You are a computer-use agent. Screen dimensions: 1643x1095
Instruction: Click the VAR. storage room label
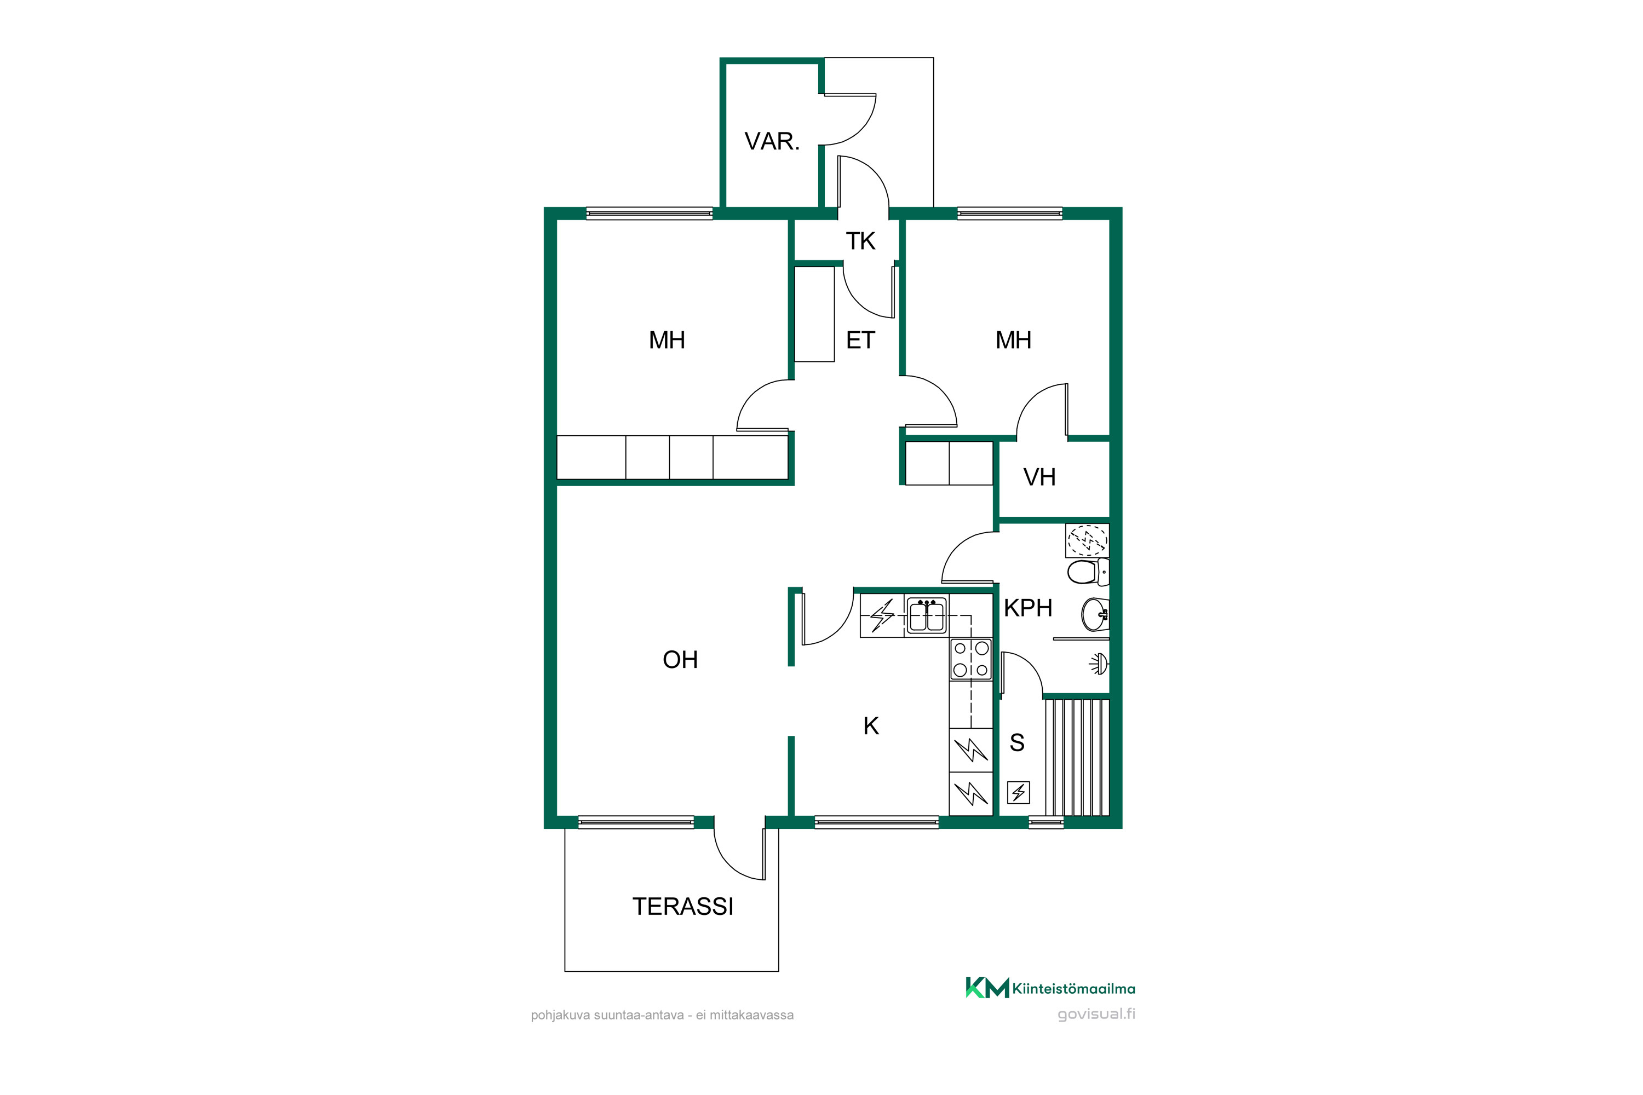[772, 142]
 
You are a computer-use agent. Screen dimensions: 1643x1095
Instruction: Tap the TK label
[860, 241]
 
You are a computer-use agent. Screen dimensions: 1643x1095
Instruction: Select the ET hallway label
[860, 340]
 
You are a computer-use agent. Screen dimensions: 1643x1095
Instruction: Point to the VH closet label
[1039, 477]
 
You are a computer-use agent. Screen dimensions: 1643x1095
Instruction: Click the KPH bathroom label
[1027, 608]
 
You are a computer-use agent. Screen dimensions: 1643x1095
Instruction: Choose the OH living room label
[680, 660]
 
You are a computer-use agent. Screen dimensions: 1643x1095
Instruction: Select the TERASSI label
[682, 907]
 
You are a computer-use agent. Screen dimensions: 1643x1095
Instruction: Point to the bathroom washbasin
[1095, 614]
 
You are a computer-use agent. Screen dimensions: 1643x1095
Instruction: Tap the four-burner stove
[971, 659]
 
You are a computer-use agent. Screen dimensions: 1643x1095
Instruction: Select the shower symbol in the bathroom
[1099, 664]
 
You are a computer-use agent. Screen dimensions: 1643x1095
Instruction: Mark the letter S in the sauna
[1017, 742]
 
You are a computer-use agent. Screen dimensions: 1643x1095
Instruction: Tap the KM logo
[987, 988]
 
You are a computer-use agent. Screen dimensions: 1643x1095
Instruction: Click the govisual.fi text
[1096, 1014]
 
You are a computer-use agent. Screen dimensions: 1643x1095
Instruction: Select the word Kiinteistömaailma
[1073, 989]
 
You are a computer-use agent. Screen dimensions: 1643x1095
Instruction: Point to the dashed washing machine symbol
[1088, 540]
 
